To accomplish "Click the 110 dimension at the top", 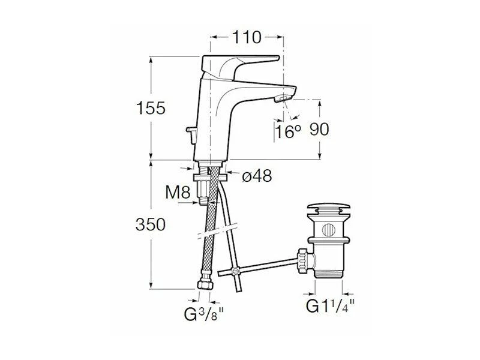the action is (247, 37).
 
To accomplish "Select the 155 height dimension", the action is (151, 108).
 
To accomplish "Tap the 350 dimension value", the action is (151, 224).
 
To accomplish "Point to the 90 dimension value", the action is (319, 129).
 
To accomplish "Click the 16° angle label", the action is (288, 131).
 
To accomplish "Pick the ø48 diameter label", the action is (257, 176).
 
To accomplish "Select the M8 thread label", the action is (178, 192).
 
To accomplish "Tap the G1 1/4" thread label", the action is (331, 305).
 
